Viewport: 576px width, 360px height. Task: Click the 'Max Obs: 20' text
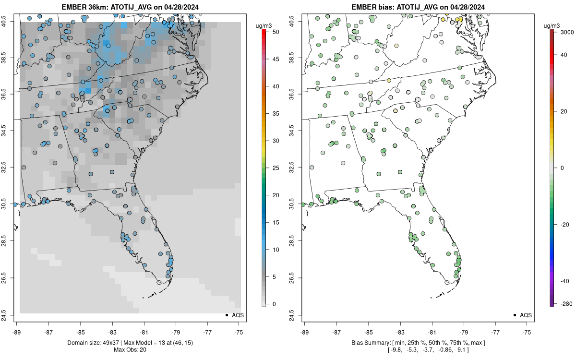[130, 349]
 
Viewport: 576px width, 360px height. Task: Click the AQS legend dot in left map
[226, 315]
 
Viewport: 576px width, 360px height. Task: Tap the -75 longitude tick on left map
[239, 331]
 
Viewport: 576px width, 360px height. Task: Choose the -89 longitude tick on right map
[304, 331]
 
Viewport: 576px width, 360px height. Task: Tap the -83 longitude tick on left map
[112, 331]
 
